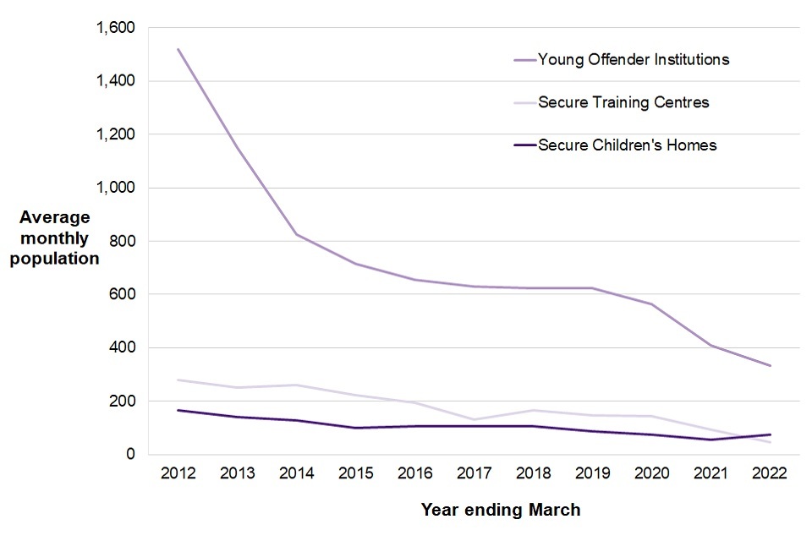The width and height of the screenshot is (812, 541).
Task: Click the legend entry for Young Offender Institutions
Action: coord(634,60)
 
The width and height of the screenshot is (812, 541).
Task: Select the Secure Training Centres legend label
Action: coord(623,103)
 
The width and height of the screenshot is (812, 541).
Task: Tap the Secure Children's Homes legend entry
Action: coord(627,145)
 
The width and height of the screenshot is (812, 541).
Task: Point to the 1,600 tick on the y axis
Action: coord(115,28)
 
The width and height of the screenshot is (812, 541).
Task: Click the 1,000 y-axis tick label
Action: coord(115,188)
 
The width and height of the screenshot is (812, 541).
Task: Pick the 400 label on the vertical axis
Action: coord(123,347)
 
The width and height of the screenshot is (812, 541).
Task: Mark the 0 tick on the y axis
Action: coord(129,454)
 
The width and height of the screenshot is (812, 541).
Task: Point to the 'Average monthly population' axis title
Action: coord(54,238)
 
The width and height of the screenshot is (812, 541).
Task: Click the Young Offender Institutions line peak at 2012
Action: coord(178,49)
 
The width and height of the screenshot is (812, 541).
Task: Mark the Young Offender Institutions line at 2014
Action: coord(296,234)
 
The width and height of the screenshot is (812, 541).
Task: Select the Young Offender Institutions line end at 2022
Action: coord(770,365)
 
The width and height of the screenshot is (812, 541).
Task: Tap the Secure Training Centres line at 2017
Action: coord(474,419)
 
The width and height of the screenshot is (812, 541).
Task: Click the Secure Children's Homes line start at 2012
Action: coord(178,410)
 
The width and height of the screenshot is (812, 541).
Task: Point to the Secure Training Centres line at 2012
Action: coord(178,380)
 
